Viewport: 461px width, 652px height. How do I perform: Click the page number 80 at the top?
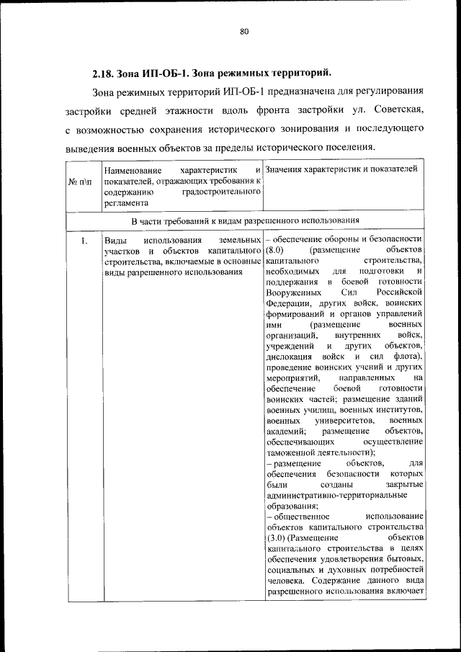tap(243, 31)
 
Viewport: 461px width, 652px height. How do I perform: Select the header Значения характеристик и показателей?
tap(341, 169)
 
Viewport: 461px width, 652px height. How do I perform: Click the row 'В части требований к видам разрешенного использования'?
tap(245, 220)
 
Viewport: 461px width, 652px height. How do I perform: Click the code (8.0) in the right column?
tap(275, 250)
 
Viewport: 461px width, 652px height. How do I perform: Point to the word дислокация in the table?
tap(288, 357)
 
